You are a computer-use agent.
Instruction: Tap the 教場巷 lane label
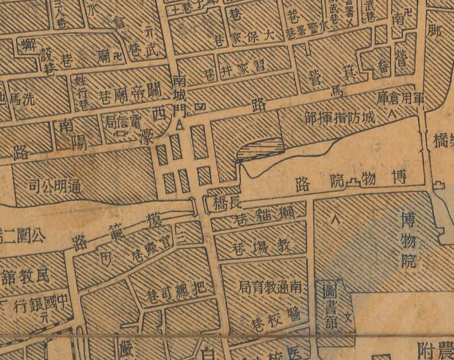click(261, 245)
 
